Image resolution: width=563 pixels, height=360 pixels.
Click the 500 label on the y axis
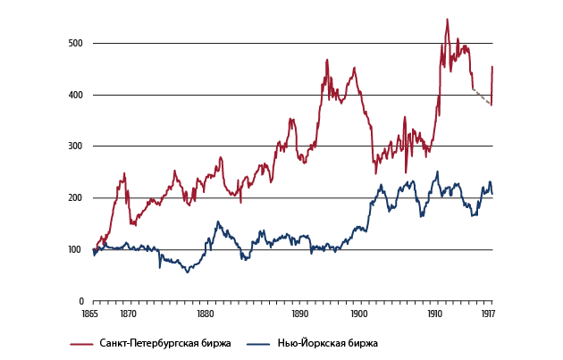pos(75,44)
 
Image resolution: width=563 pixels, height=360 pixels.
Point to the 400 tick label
pos(75,95)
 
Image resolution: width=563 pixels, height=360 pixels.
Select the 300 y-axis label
pos(75,147)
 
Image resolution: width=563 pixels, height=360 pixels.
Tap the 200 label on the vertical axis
pos(75,198)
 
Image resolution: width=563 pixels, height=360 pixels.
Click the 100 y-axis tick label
pos(75,249)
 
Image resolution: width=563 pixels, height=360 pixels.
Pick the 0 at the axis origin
pos(80,301)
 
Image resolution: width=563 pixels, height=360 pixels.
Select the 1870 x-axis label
pos(128,314)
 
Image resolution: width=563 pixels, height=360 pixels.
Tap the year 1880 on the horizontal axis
pos(205,314)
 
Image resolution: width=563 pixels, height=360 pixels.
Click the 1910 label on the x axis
pos(434,314)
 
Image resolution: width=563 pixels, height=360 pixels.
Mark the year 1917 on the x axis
pos(488,314)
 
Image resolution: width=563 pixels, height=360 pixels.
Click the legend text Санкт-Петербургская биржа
pos(167,343)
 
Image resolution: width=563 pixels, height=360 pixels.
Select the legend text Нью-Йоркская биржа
pos(327,343)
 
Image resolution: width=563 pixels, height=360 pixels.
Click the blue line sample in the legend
pos(257,343)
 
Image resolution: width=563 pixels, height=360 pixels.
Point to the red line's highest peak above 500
pos(447,20)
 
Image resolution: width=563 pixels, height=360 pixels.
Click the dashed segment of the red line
pos(482,96)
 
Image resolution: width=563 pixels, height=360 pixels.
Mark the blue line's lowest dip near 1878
pos(187,271)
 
